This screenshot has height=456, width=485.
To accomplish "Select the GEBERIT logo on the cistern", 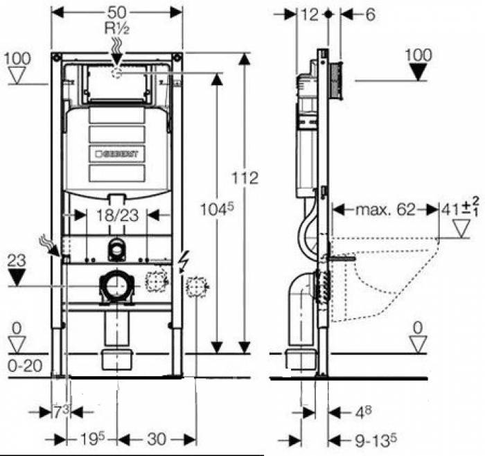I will pyautogui.click(x=116, y=153).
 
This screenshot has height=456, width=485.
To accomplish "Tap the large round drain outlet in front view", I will pyautogui.click(x=116, y=285).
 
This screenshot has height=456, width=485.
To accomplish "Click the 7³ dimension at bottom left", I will pyautogui.click(x=62, y=412).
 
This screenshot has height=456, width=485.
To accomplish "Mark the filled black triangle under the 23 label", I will pyautogui.click(x=18, y=279).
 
